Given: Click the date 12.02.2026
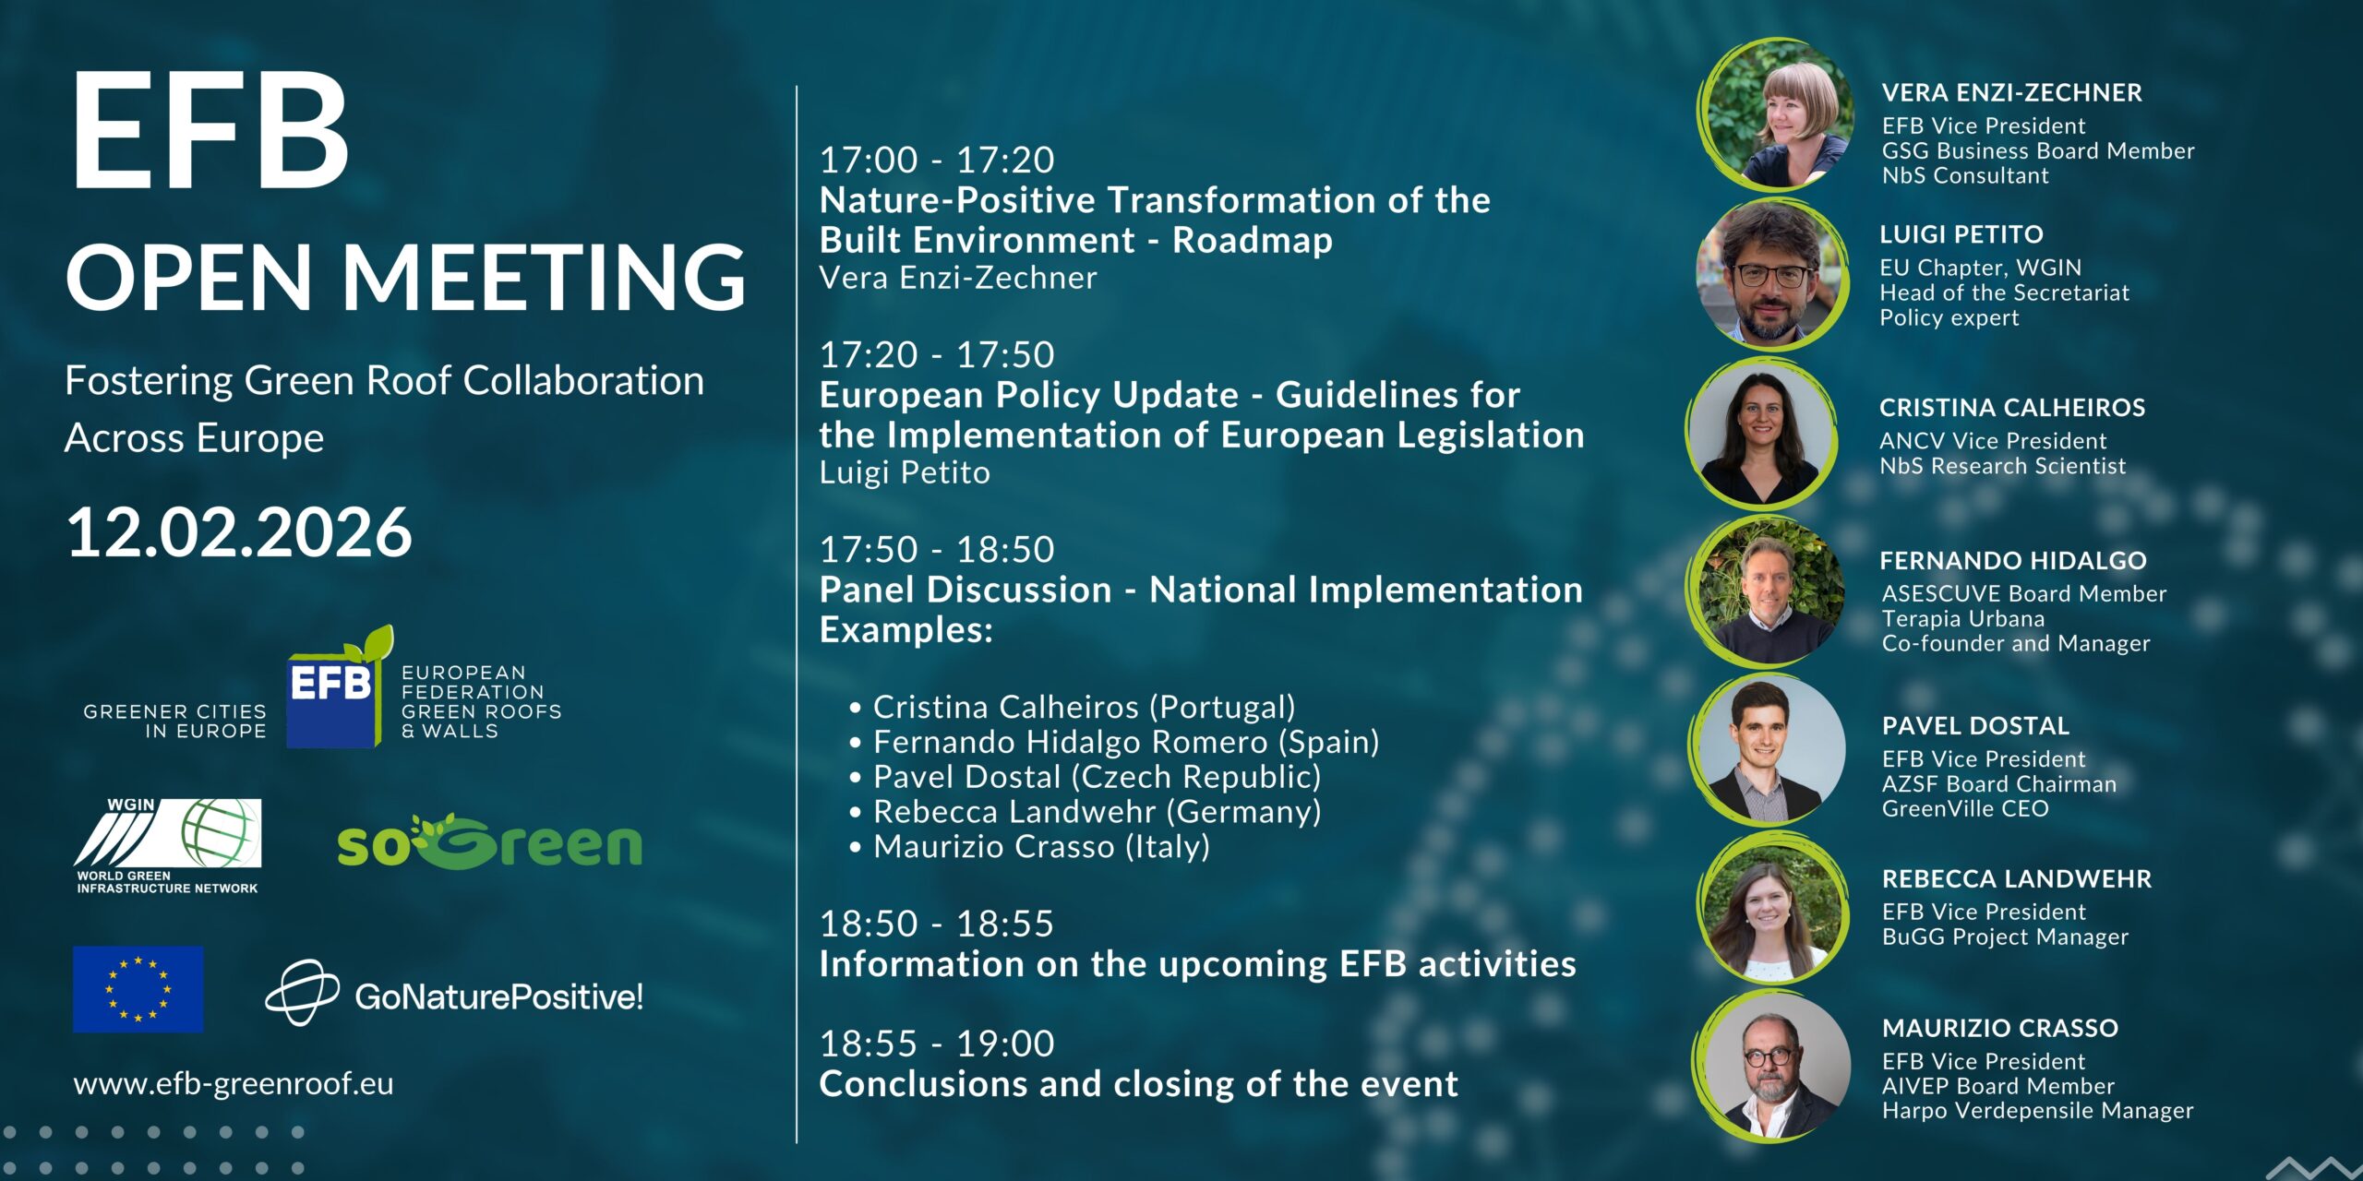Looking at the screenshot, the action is [x=239, y=532].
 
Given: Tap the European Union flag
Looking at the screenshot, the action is [x=138, y=989].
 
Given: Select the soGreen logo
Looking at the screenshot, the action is [x=489, y=841].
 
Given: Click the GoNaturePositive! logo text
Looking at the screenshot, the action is [x=498, y=996].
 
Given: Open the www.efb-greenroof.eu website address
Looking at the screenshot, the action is [x=234, y=1083].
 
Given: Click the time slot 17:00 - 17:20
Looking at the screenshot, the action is [x=937, y=160].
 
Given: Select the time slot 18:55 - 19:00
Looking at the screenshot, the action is [x=937, y=1044].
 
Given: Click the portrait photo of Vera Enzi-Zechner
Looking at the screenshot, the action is [x=1777, y=114].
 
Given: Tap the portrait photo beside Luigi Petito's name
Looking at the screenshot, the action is [x=1771, y=274].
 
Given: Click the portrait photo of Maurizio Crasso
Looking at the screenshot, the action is [x=1773, y=1065].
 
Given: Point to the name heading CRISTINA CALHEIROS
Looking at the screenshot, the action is [x=2012, y=408].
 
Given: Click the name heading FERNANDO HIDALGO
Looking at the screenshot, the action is [x=2013, y=561].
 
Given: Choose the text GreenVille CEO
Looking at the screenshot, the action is [x=1965, y=809].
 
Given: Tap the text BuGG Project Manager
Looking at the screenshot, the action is [x=2005, y=937].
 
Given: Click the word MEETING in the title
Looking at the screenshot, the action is [x=544, y=278].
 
